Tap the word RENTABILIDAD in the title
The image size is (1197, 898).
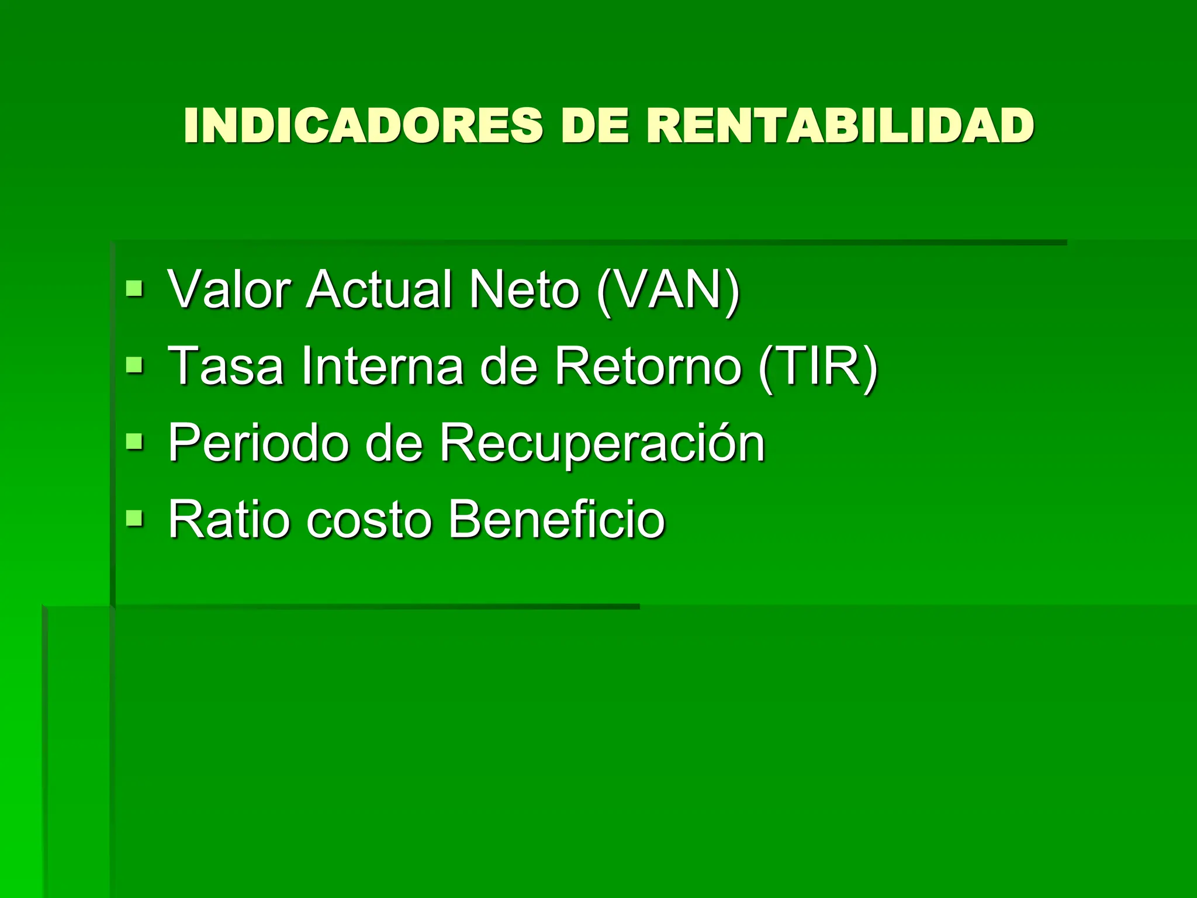(840, 125)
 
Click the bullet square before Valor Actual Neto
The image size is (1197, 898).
(134, 288)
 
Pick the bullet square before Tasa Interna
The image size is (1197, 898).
(134, 365)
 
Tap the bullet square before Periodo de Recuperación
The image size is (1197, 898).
(134, 441)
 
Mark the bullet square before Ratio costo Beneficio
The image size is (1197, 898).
(134, 518)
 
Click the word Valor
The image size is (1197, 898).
(229, 289)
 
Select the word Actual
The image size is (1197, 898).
(380, 289)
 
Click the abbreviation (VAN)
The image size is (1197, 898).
(668, 290)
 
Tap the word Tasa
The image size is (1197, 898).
(226, 366)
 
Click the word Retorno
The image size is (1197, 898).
(648, 366)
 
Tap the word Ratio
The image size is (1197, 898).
(229, 519)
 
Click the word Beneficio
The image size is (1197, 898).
(557, 519)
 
